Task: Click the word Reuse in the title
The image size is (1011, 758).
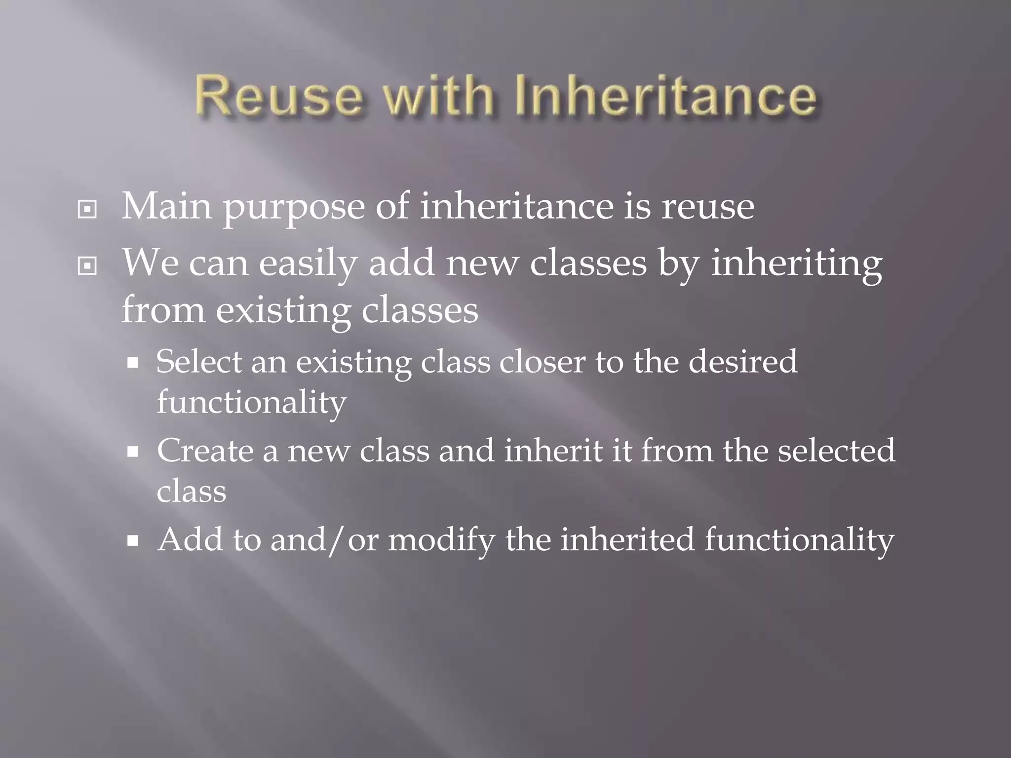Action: (279, 96)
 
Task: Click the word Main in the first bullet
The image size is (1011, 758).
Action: (167, 206)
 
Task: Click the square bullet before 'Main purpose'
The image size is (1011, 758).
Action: (87, 210)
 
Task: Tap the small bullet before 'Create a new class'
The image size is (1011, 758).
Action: (133, 452)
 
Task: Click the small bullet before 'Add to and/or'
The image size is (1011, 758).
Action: (133, 541)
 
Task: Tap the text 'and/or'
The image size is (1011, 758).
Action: (324, 539)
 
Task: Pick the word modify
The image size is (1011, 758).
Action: (441, 540)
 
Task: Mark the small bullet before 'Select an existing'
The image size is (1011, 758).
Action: (133, 364)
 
